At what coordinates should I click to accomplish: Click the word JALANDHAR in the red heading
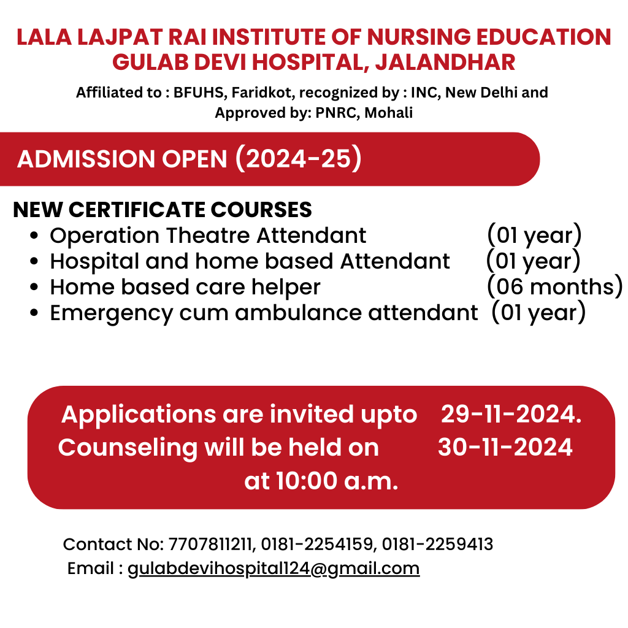click(x=445, y=63)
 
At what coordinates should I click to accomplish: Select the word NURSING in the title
click(x=418, y=37)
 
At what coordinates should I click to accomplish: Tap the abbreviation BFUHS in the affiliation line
click(x=198, y=93)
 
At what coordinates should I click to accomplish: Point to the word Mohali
click(x=388, y=113)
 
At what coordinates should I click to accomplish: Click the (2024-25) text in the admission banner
click(x=299, y=159)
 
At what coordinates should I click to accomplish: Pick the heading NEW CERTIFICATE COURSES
click(x=162, y=210)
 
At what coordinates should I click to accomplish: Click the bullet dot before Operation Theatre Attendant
click(x=34, y=235)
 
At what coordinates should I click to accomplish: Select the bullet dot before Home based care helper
click(x=34, y=287)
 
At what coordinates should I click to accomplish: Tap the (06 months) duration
click(x=554, y=287)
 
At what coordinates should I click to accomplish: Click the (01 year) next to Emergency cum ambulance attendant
click(x=538, y=312)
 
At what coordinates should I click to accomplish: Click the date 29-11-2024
click(x=511, y=414)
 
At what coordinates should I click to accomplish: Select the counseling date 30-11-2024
click(x=505, y=447)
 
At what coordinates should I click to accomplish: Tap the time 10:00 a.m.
click(x=337, y=481)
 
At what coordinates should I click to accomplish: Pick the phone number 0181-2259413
click(x=437, y=545)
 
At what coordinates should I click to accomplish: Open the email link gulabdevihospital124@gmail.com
click(x=274, y=569)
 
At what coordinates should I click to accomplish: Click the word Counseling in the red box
click(x=128, y=448)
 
